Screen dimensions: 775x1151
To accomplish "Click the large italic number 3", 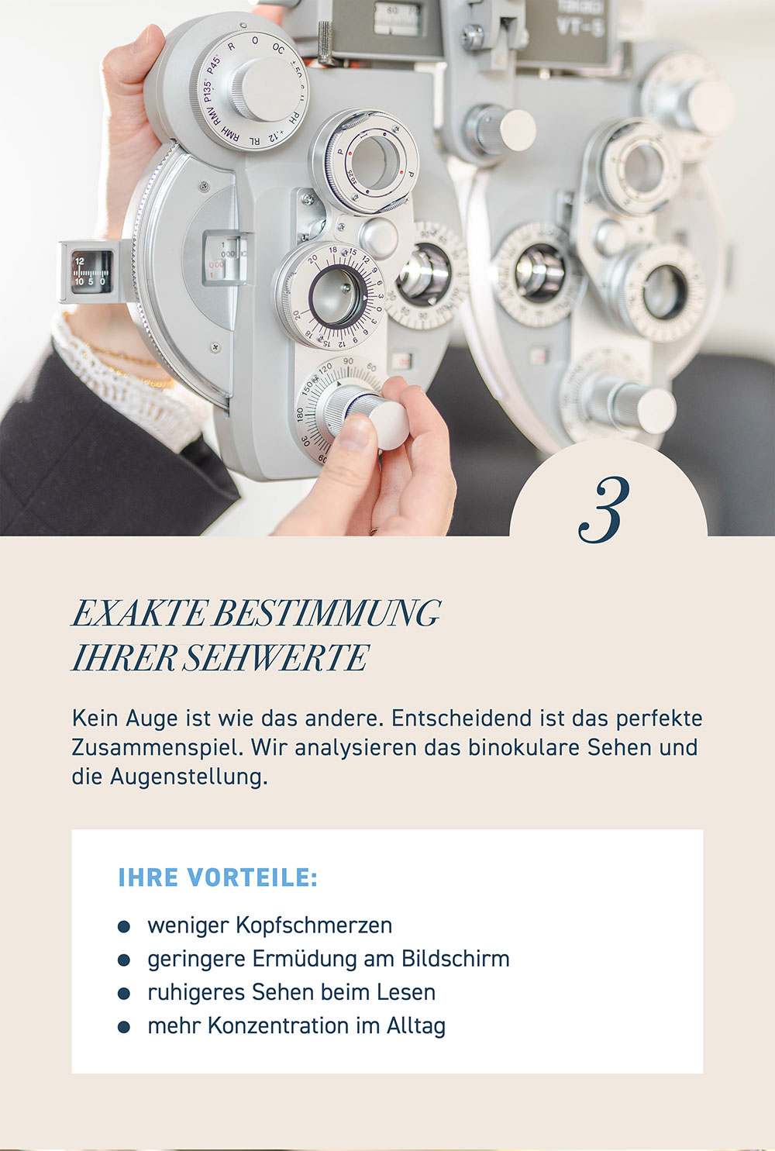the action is click(x=604, y=510).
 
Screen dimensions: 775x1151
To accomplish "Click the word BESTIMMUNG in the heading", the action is click(x=326, y=612).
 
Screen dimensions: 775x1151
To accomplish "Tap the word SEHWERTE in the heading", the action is click(x=275, y=658).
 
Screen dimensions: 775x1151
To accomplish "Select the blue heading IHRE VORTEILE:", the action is click(x=218, y=877).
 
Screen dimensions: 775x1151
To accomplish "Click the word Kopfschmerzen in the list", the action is click(x=314, y=926).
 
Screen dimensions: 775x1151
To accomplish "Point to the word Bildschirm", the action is click(x=456, y=959).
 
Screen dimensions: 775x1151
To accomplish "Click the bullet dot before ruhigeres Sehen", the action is click(x=124, y=993).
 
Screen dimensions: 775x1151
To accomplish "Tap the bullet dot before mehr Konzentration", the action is click(x=124, y=1027).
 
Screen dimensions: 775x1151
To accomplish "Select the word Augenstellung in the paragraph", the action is click(x=188, y=777).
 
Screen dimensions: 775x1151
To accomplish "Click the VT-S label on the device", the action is click(x=580, y=28).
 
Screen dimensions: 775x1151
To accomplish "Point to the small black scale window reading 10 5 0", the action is click(x=91, y=272).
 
